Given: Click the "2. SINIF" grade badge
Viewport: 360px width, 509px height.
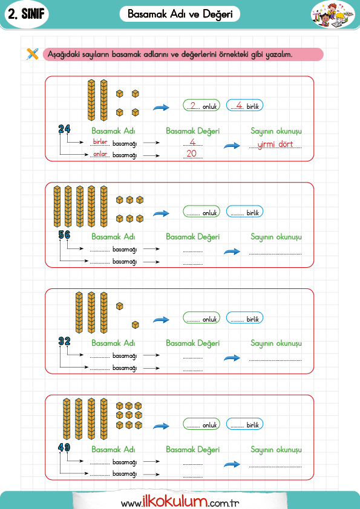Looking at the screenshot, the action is coord(26,15).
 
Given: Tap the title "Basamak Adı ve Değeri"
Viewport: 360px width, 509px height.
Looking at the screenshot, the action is coord(180,14).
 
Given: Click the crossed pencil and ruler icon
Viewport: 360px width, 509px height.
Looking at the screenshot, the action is coord(32,54).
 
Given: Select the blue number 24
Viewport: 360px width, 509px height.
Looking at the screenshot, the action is coord(64,129).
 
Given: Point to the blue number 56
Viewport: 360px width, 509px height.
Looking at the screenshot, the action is coord(64,235).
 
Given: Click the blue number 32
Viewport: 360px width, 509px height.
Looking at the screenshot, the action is coord(64,341).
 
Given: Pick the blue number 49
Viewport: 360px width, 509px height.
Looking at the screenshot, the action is coord(64,447).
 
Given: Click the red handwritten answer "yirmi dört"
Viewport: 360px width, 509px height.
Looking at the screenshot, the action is coord(275,144).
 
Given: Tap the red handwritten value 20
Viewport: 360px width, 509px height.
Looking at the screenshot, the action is coord(192,153).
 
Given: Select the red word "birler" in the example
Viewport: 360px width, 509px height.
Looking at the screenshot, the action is coord(100,142).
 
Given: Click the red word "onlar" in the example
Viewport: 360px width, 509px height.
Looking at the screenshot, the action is coord(100,154).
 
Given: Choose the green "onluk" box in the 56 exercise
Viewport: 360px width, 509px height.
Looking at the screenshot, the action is coord(201,212).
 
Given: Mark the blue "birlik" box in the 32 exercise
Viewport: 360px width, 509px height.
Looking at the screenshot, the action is coord(244,318).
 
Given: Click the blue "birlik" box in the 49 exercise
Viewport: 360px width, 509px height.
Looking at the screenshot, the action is coord(244,424).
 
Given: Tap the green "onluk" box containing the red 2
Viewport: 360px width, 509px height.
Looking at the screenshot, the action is coord(201,105).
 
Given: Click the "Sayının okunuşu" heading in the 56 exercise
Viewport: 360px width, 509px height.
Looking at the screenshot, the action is coord(276,237).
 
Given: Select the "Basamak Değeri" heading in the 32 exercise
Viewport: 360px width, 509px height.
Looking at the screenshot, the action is coord(192,343).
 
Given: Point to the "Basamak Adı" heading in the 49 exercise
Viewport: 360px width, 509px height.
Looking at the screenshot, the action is coord(113,449).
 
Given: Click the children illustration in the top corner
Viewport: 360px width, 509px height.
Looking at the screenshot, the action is coord(333,14).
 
